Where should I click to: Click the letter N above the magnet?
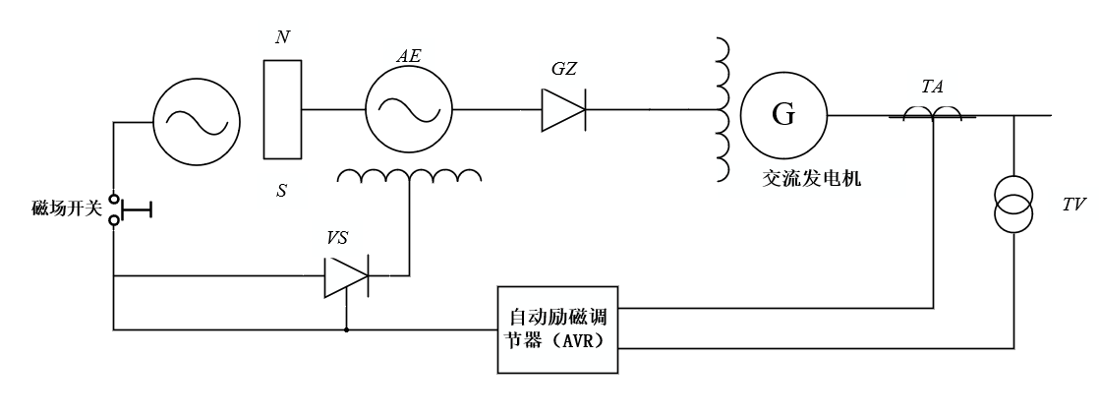pyautogui.click(x=282, y=37)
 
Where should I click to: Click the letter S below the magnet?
pyautogui.click(x=282, y=190)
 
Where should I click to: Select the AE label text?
pyautogui.click(x=409, y=57)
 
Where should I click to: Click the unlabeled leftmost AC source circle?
pyautogui.click(x=196, y=122)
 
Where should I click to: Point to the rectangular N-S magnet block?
pyautogui.click(x=282, y=109)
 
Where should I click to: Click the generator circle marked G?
pyautogui.click(x=783, y=115)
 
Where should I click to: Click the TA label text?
pyautogui.click(x=932, y=87)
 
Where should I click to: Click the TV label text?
pyautogui.click(x=1073, y=207)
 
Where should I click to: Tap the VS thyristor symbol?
pyautogui.click(x=346, y=277)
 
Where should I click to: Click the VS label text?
pyautogui.click(x=337, y=238)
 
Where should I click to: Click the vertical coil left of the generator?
pyautogui.click(x=723, y=109)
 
